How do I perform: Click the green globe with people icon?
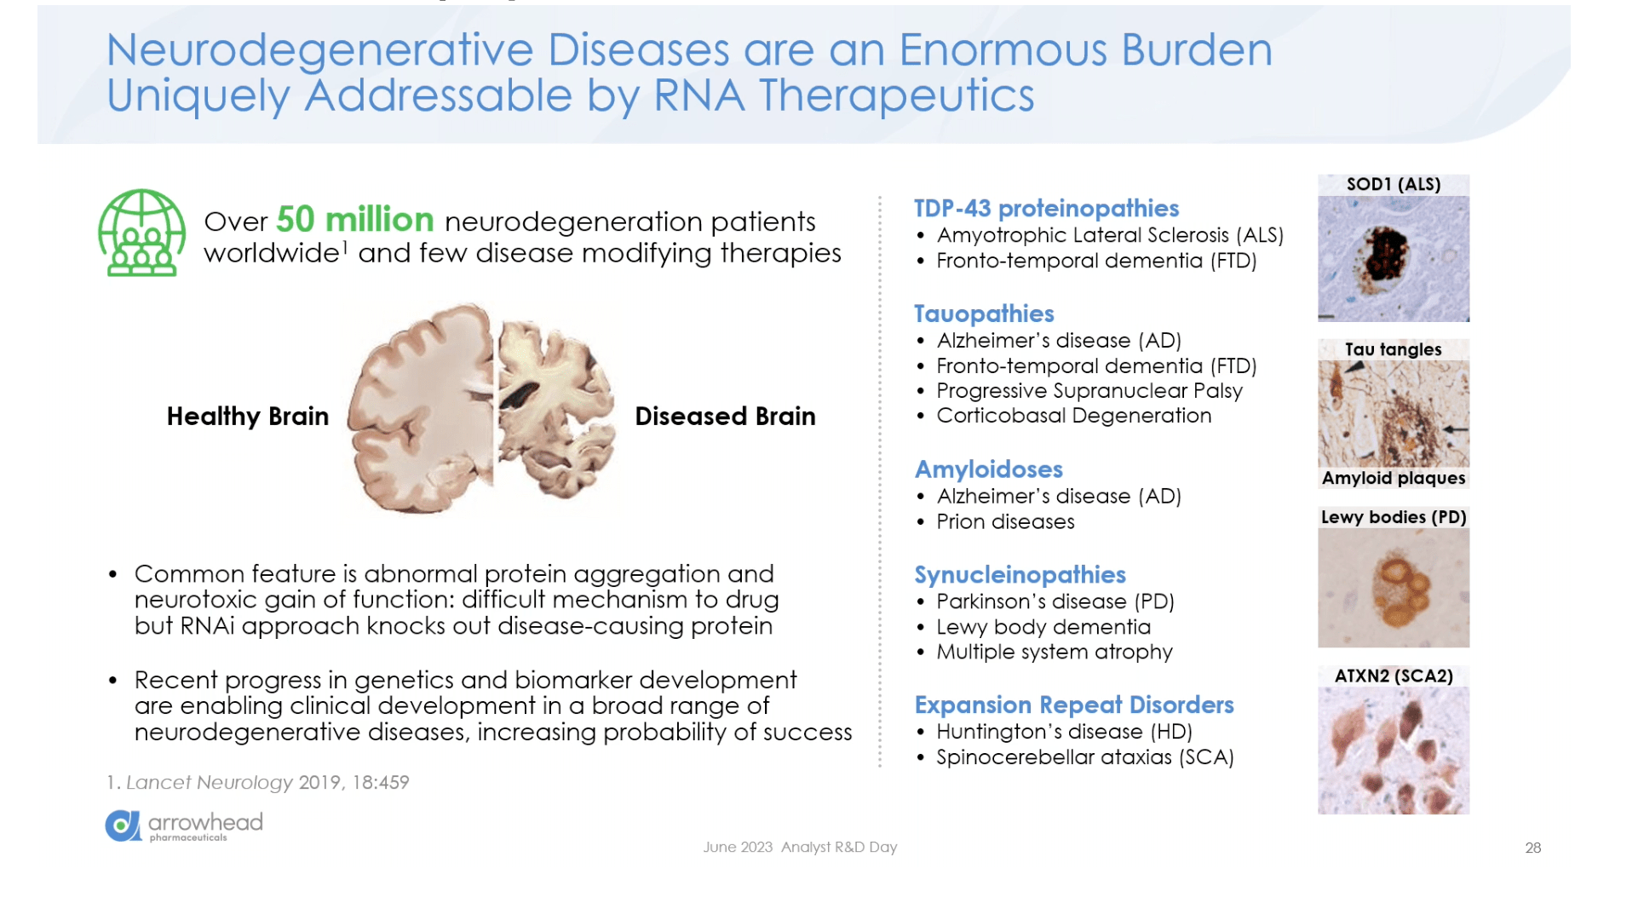pos(141,233)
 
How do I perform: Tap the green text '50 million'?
pos(355,220)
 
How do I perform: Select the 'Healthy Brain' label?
pos(247,416)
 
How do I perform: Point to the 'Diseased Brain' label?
pos(725,416)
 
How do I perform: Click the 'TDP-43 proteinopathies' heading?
pos(1046,209)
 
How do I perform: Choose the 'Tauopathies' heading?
pos(984,314)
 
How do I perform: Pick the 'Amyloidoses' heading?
pos(989,469)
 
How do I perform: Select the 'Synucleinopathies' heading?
pos(1020,575)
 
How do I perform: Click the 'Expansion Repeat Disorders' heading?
pos(1074,705)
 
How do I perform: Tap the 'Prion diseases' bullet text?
pos(1005,521)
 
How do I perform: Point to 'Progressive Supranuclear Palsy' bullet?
pos(1089,391)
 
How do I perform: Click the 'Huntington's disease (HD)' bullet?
pos(1064,732)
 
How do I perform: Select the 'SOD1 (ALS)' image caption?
pos(1394,184)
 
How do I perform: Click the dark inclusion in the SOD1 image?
pos(1384,255)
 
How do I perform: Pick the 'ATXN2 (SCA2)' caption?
pos(1394,676)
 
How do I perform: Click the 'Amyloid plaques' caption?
pos(1394,478)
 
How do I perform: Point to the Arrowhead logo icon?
pos(123,825)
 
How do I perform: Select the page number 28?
pos(1532,848)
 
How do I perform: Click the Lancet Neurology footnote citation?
pos(258,782)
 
